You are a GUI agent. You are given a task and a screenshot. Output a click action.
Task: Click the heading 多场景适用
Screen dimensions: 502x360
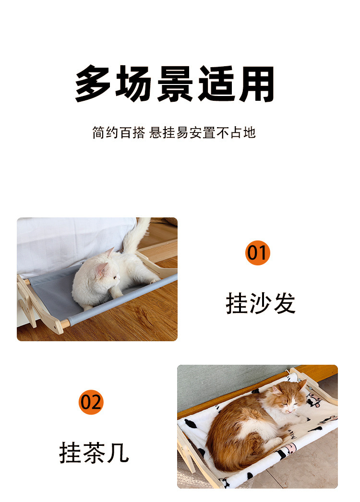(x=176, y=84)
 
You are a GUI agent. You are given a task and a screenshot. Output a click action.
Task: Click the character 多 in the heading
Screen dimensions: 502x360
(x=94, y=84)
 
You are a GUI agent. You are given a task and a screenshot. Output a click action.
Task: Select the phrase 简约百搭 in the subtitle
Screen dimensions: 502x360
(x=118, y=133)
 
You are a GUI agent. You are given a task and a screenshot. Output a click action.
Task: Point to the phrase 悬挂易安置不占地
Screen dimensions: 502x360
(x=203, y=133)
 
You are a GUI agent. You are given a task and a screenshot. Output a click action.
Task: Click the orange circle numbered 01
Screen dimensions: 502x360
(x=258, y=253)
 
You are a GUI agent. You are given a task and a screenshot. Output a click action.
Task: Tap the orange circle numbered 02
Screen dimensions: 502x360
(x=91, y=402)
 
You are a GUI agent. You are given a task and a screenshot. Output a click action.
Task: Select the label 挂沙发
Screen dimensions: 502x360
(x=261, y=303)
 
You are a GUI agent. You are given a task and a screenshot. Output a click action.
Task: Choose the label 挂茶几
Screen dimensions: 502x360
(x=94, y=452)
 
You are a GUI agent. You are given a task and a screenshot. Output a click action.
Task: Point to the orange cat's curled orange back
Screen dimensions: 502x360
(x=230, y=427)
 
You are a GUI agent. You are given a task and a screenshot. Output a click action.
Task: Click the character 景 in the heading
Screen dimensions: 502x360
(x=176, y=84)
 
